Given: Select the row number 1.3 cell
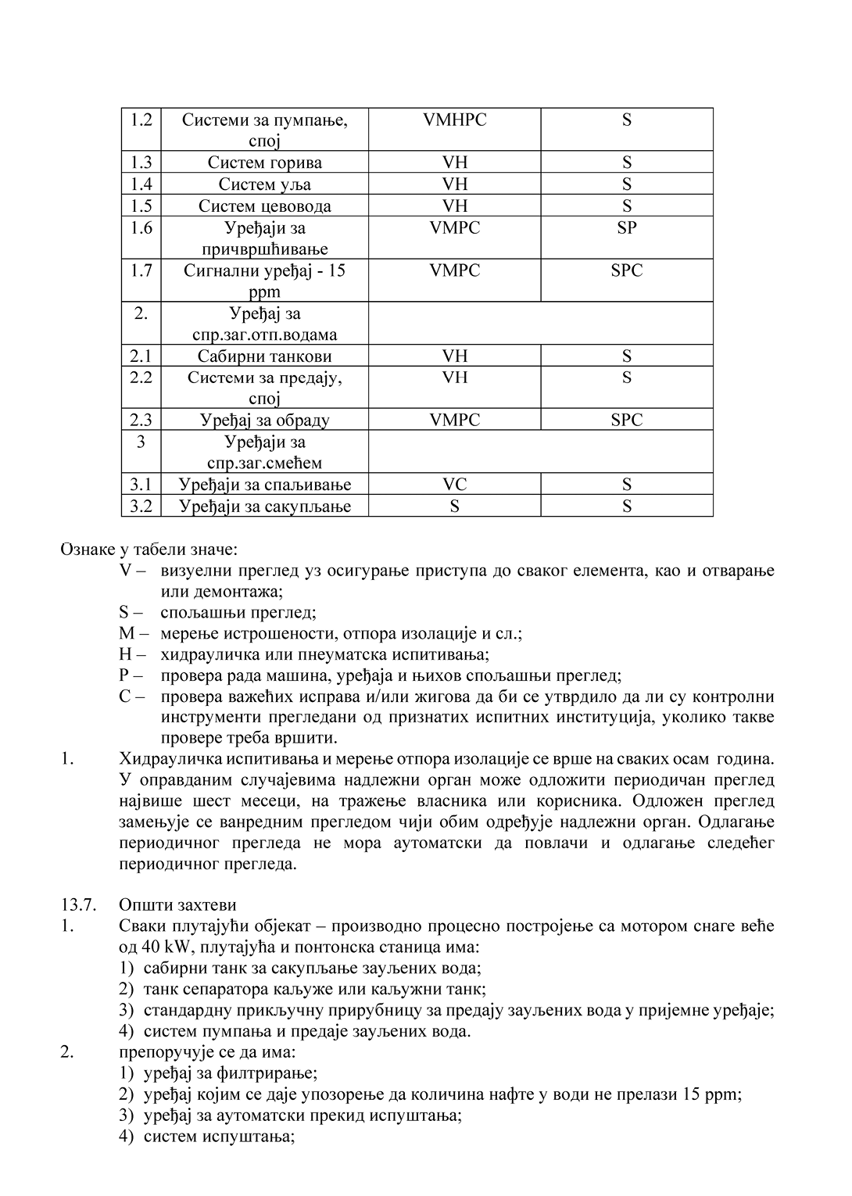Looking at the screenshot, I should tap(141, 163).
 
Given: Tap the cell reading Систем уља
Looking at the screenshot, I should tap(264, 184).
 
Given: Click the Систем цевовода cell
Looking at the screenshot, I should tap(264, 206).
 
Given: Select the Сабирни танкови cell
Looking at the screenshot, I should tap(264, 356).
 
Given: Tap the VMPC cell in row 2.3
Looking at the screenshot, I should tap(454, 421).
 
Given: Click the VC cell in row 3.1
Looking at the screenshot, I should tap(454, 485).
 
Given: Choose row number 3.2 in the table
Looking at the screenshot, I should tap(141, 507).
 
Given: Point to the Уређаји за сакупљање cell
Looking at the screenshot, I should tap(264, 507).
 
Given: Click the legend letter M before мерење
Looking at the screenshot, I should tap(127, 633).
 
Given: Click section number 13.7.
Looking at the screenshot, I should tap(78, 905).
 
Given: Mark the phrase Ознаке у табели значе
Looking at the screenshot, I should tap(149, 550).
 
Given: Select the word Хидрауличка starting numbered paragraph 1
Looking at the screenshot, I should tap(170, 759).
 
